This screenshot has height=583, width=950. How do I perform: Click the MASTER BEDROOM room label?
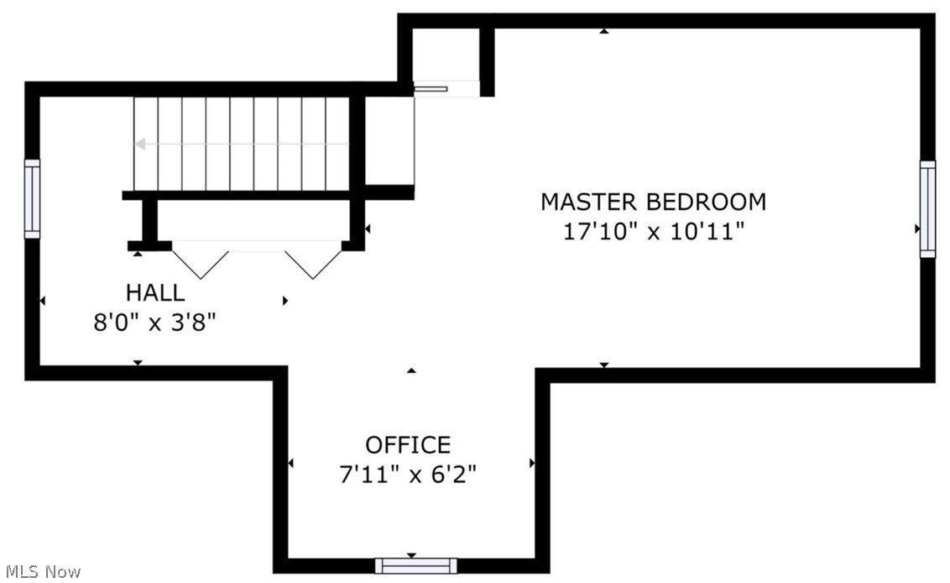[653, 202]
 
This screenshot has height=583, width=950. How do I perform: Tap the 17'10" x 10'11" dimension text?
[653, 231]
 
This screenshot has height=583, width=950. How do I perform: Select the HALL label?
[155, 292]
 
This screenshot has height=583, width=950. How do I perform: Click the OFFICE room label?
[408, 444]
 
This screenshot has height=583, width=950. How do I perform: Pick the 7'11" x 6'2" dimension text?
[408, 475]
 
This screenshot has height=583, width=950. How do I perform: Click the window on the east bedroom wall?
[927, 209]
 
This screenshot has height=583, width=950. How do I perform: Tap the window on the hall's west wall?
[32, 199]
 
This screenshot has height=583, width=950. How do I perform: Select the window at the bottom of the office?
[415, 565]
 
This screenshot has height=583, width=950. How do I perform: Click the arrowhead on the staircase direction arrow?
[140, 144]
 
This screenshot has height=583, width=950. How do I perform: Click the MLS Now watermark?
[40, 571]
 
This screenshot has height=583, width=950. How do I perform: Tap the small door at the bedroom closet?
[432, 87]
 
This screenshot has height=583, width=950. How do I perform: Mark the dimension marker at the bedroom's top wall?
[604, 31]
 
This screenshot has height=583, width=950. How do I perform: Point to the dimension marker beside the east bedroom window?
[917, 228]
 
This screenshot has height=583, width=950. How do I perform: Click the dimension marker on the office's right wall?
[532, 463]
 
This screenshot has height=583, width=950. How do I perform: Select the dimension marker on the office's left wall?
[291, 463]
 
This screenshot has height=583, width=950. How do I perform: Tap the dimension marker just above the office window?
[411, 555]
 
